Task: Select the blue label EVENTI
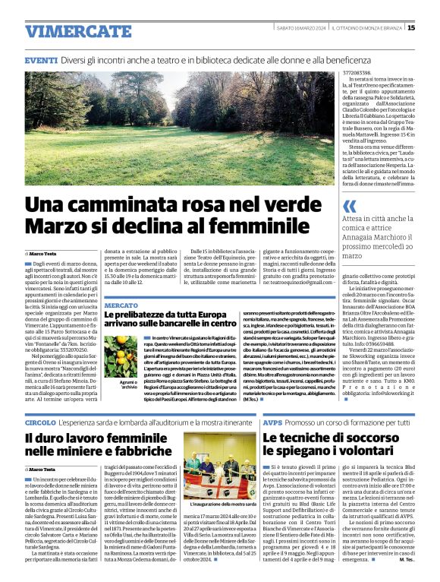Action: (41, 59)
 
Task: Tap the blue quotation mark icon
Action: (350, 206)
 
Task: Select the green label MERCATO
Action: (121, 305)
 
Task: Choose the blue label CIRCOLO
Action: (40, 422)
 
